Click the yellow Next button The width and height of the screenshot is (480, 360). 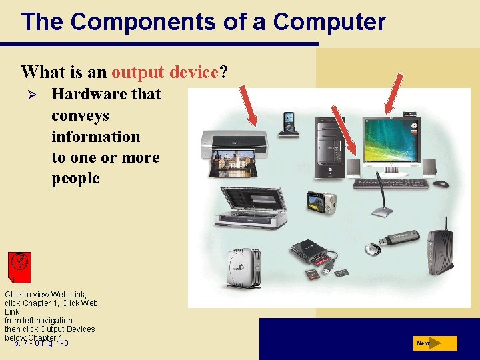tap(435, 343)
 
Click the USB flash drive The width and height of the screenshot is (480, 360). tap(397, 240)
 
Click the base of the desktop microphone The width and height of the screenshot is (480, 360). tap(383, 212)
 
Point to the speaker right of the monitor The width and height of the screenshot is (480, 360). tap(429, 167)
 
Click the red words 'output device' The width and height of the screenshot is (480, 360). tap(165, 72)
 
